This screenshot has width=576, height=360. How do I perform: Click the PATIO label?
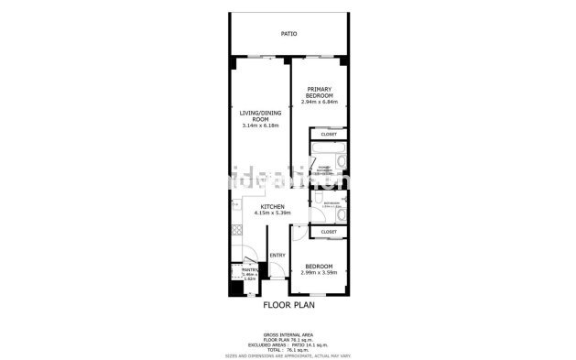pos(288,34)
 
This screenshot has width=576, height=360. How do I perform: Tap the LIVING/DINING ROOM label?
pos(259,115)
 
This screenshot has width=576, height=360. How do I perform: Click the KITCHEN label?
pos(272,206)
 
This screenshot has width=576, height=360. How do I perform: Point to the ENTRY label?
pos(277,256)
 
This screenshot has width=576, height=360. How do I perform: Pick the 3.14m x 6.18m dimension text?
pos(259,125)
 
